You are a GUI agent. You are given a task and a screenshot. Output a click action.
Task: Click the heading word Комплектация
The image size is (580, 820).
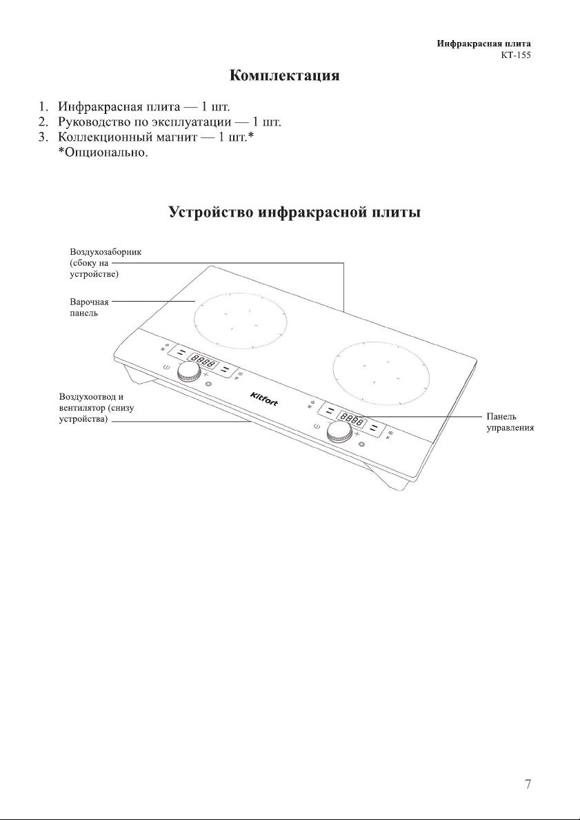(284, 75)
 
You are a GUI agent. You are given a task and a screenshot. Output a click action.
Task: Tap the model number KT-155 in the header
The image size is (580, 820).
(516, 55)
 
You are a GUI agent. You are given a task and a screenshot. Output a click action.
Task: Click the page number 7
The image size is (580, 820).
(528, 784)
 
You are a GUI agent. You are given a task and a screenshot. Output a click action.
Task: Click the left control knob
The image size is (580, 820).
(187, 373)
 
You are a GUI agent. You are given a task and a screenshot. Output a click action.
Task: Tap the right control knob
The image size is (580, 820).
(337, 431)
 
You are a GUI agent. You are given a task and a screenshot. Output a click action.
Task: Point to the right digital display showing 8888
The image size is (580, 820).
(351, 418)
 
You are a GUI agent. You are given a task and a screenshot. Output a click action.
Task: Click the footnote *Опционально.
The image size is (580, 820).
(103, 152)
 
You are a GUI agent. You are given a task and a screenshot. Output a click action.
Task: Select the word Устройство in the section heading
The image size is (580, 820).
(211, 212)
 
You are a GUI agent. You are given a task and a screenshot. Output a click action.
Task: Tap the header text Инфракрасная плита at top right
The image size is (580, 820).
(484, 44)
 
